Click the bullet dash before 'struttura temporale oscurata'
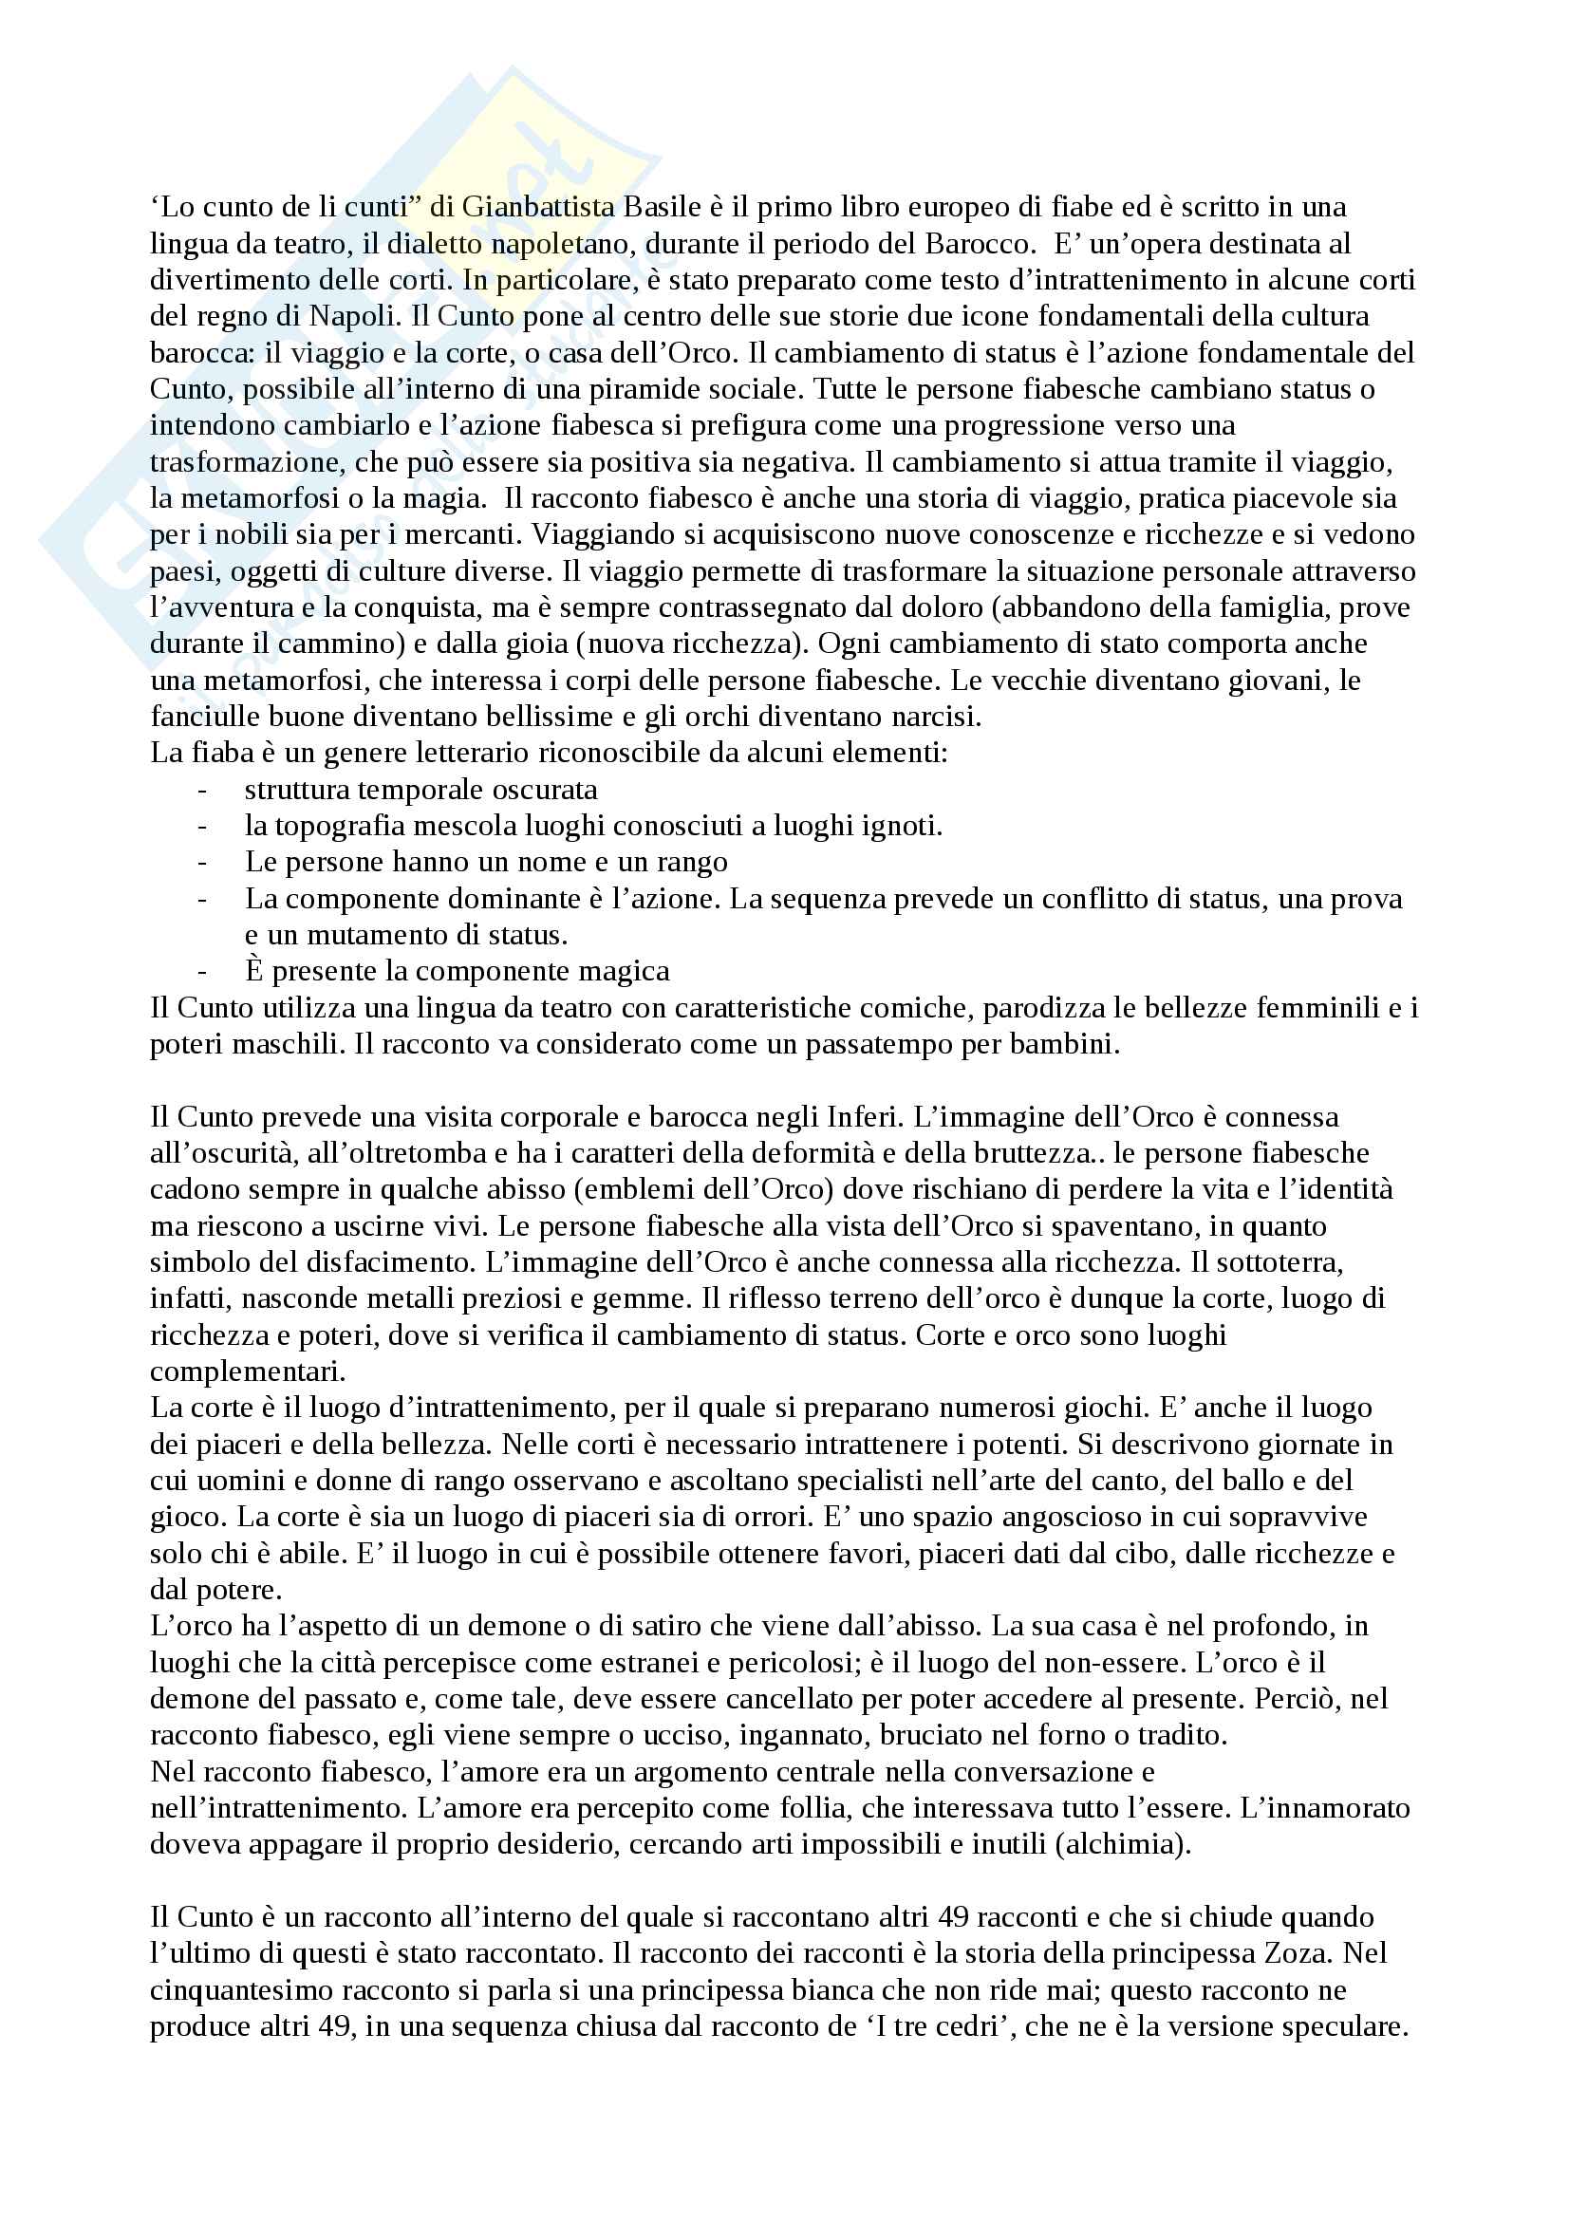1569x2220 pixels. point(202,790)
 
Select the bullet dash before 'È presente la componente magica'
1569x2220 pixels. point(202,972)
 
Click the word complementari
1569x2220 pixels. point(248,1371)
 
